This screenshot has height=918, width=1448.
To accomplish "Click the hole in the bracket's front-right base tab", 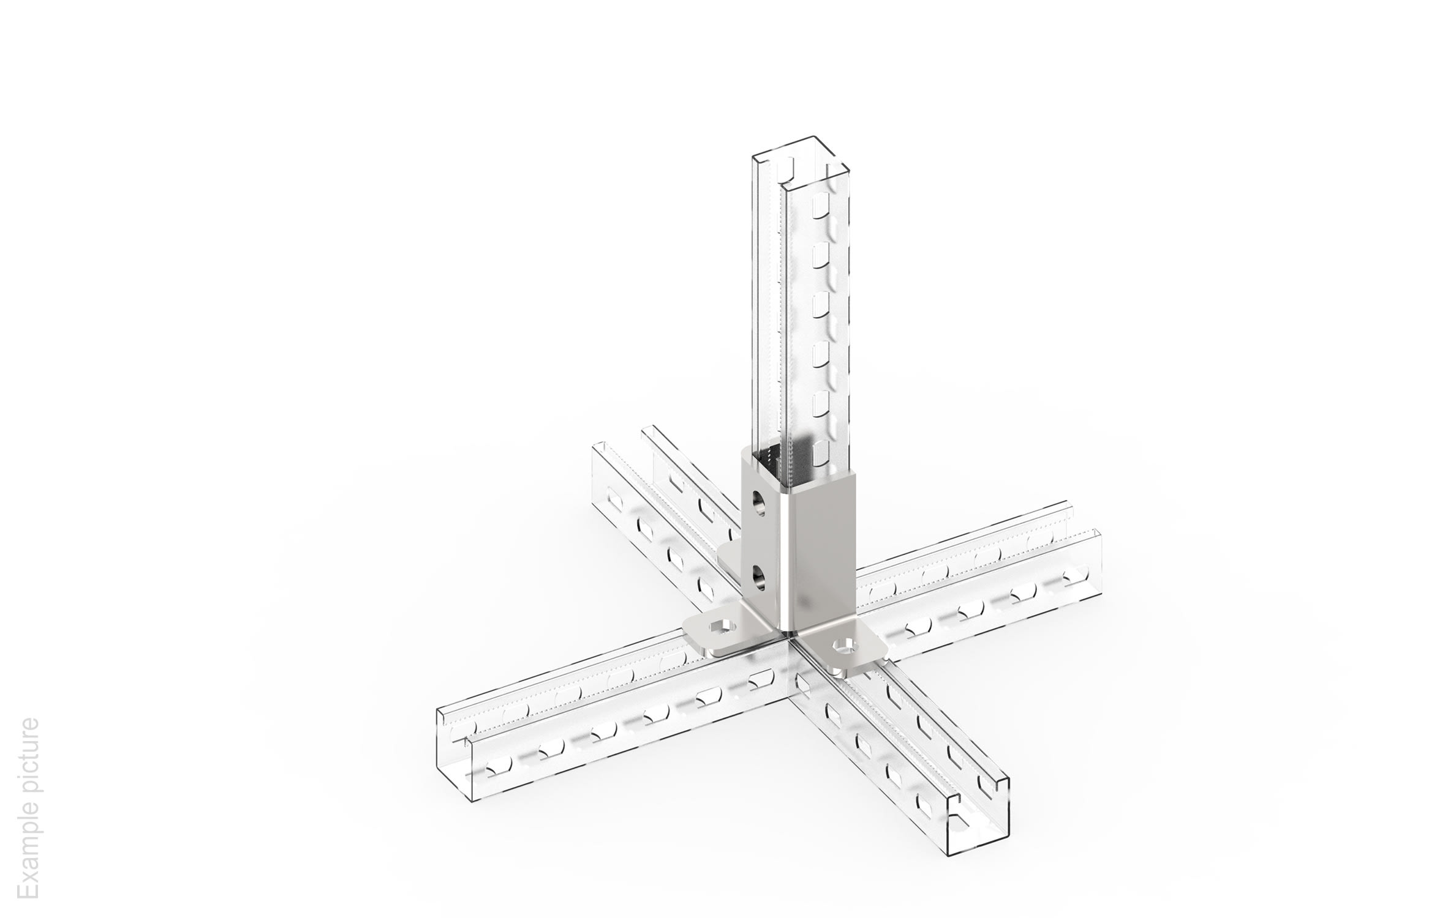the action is (x=845, y=644).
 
